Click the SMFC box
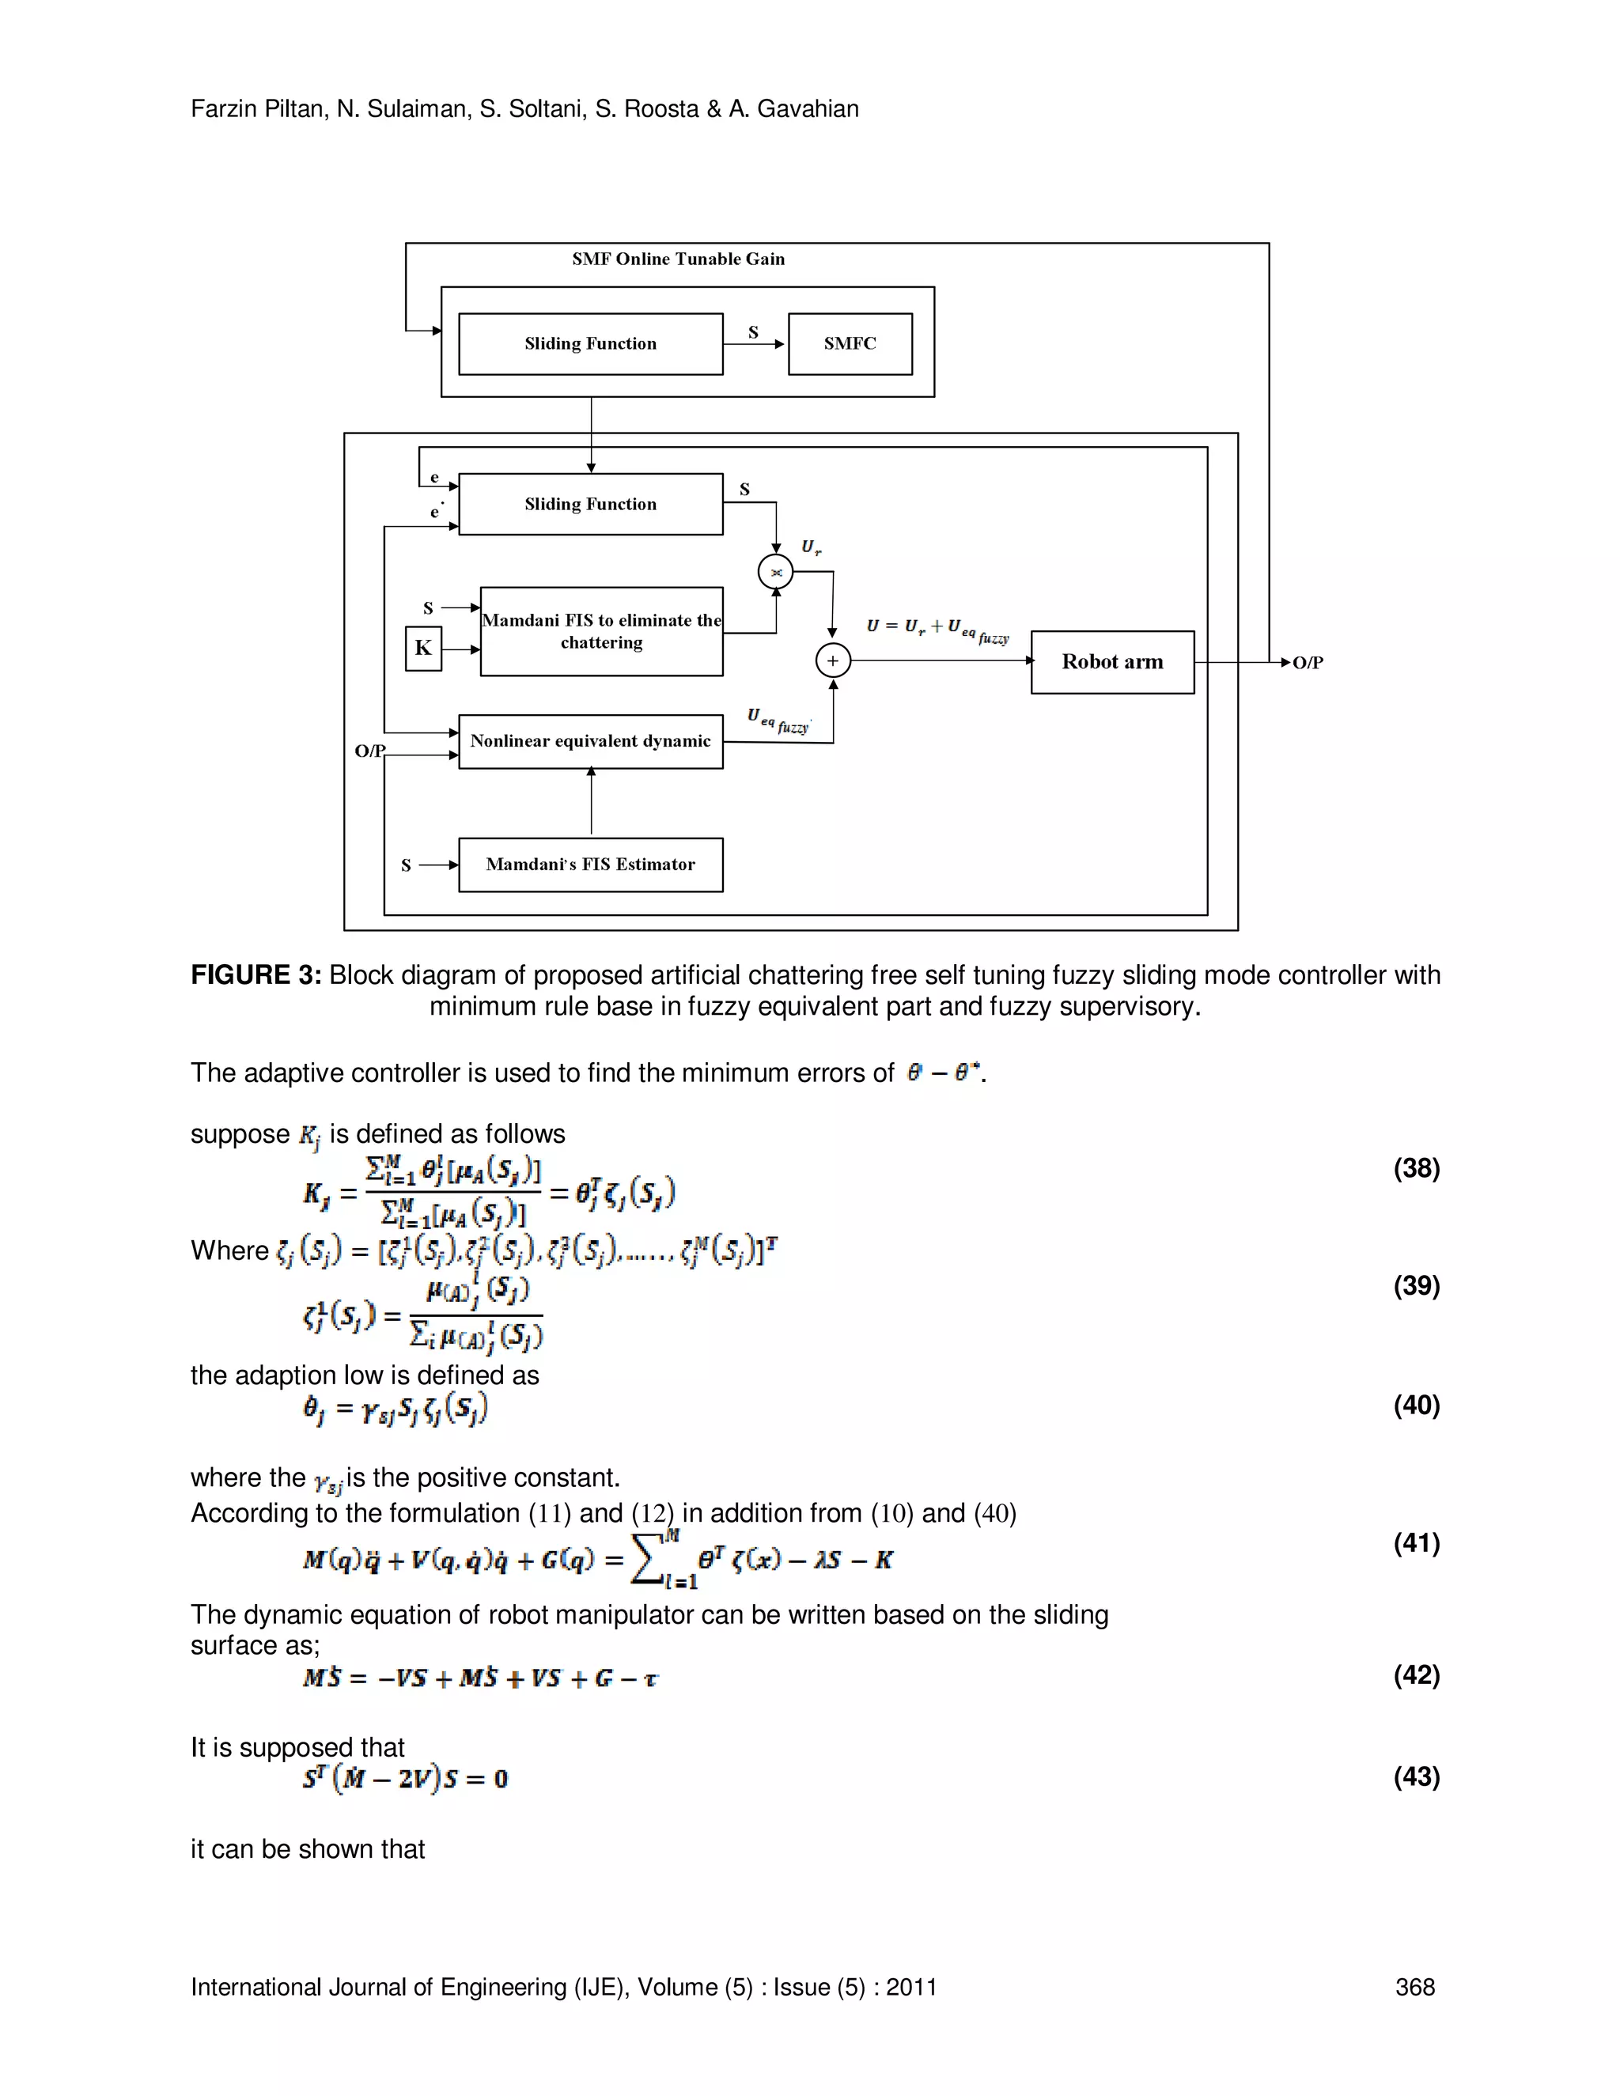click(x=850, y=343)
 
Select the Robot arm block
click(x=1111, y=662)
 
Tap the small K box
click(x=423, y=648)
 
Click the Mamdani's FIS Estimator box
click(x=590, y=865)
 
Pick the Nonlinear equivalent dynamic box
click(x=590, y=741)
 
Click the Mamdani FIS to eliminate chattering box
click(x=601, y=631)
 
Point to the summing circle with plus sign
click(x=832, y=661)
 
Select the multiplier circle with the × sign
click(x=775, y=572)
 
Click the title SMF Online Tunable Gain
click(x=678, y=259)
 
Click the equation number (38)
click(x=1416, y=1168)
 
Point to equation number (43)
click(x=1416, y=1776)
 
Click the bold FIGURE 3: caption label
click(x=255, y=975)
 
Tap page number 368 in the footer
click(x=1414, y=1987)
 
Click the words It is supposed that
click(x=297, y=1746)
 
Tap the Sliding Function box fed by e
click(x=590, y=504)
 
